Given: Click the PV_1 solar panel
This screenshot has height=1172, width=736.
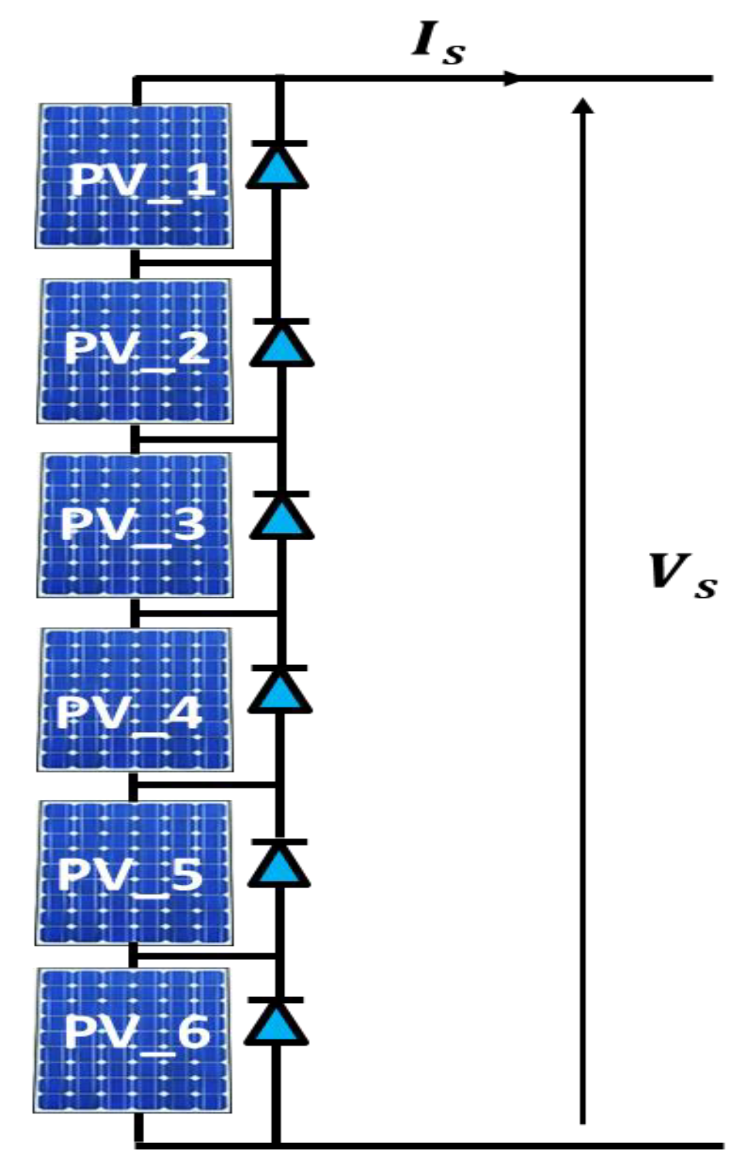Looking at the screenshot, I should coord(134,176).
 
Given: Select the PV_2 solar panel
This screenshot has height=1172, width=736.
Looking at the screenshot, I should coord(135,351).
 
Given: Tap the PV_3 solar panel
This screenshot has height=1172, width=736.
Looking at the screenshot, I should coord(135,525).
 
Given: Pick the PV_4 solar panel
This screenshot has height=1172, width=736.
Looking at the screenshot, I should coord(135,700).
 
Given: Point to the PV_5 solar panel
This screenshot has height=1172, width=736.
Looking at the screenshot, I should coord(134,873).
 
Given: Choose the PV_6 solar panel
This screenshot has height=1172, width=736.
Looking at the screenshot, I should coord(133,1040).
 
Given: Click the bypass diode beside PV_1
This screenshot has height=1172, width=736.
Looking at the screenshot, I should coord(277,166).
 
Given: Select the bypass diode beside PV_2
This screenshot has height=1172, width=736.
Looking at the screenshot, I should coord(281,343).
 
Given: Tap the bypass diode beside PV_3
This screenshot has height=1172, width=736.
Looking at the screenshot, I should coord(281,516).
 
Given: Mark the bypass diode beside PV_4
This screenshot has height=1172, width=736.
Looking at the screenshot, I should coord(280,690).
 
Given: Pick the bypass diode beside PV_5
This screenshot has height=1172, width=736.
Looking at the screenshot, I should coord(279,864).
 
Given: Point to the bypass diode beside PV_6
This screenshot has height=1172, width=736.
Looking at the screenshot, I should coord(277,1022).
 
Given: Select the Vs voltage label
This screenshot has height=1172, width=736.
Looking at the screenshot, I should coord(682,576).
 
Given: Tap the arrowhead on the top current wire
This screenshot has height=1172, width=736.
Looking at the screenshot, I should coord(512,78).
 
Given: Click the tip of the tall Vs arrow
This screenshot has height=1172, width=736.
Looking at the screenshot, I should coord(583,105).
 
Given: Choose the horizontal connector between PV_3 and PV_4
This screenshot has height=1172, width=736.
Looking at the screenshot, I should coord(206,613).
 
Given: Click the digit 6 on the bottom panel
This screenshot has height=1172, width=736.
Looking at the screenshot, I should coord(193,1032).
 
